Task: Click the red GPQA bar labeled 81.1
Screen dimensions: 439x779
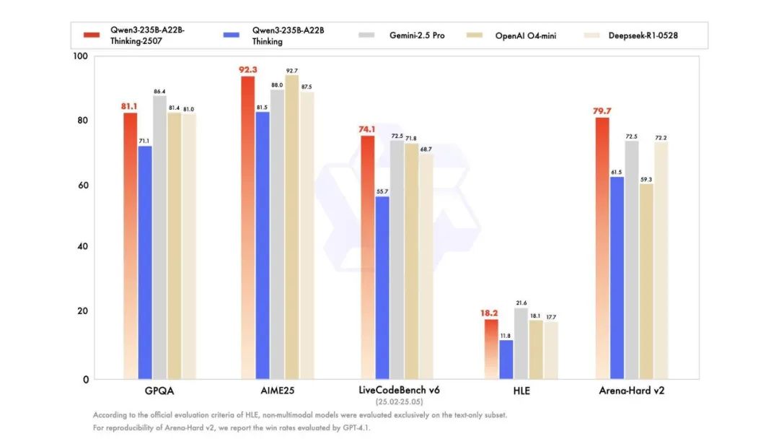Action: click(130, 245)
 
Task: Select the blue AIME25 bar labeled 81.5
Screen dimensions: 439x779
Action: click(262, 245)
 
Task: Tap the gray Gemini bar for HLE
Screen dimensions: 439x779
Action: click(521, 343)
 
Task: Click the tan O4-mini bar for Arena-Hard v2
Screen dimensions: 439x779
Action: click(646, 281)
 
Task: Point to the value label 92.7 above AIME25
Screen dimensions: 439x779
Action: click(291, 71)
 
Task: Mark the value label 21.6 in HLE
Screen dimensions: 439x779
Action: click(521, 303)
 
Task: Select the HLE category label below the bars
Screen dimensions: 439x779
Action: click(521, 391)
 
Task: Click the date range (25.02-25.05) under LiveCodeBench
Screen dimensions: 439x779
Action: click(399, 401)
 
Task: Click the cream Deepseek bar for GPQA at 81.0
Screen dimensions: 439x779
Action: click(188, 245)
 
